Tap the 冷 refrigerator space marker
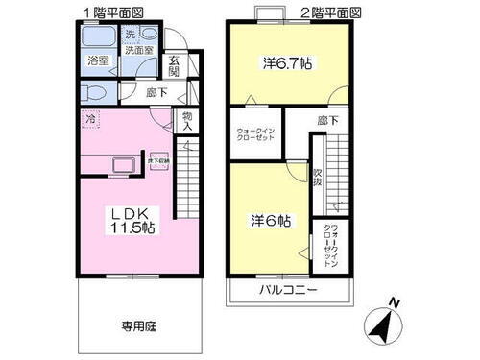click(x=90, y=121)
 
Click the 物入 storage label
click(x=187, y=122)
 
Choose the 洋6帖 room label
click(x=272, y=219)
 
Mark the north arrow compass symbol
click(x=386, y=327)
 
